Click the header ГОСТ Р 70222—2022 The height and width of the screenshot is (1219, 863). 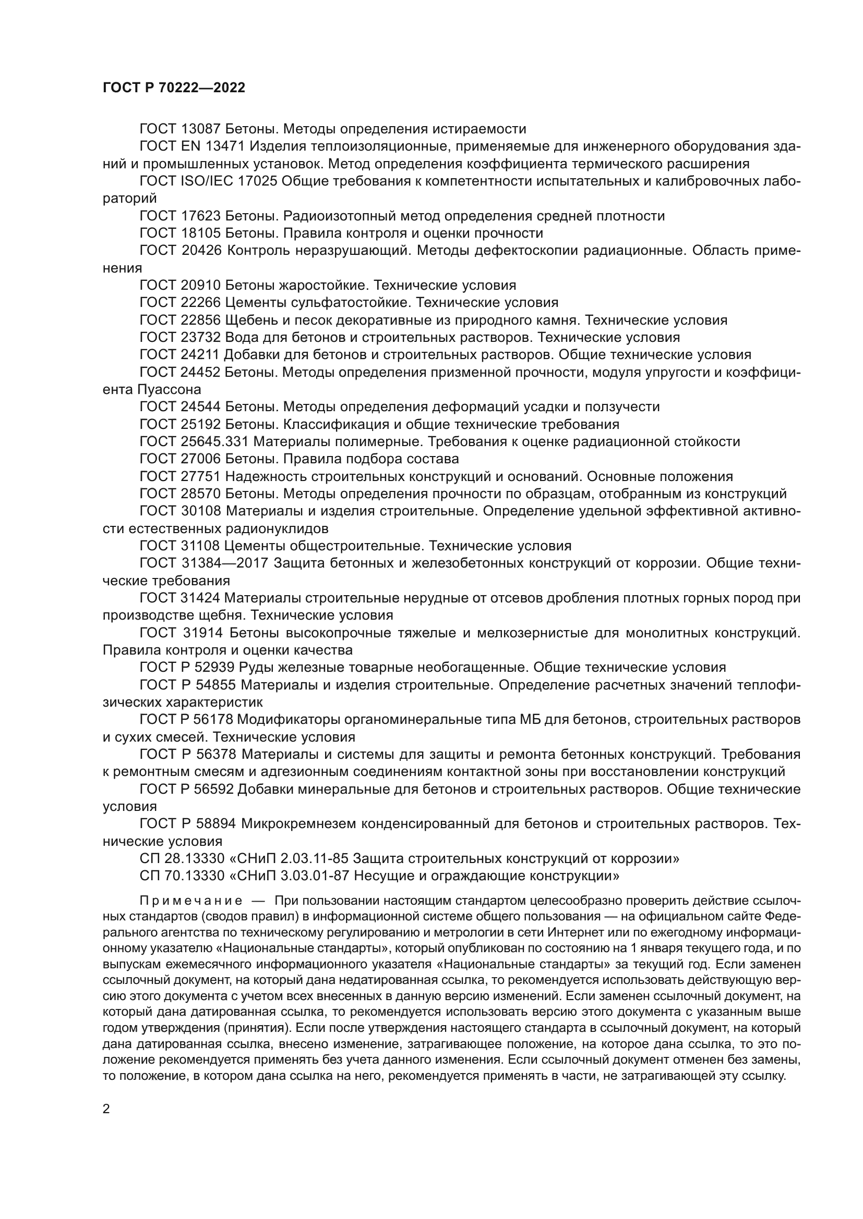(174, 88)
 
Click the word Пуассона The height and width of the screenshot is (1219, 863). (170, 390)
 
